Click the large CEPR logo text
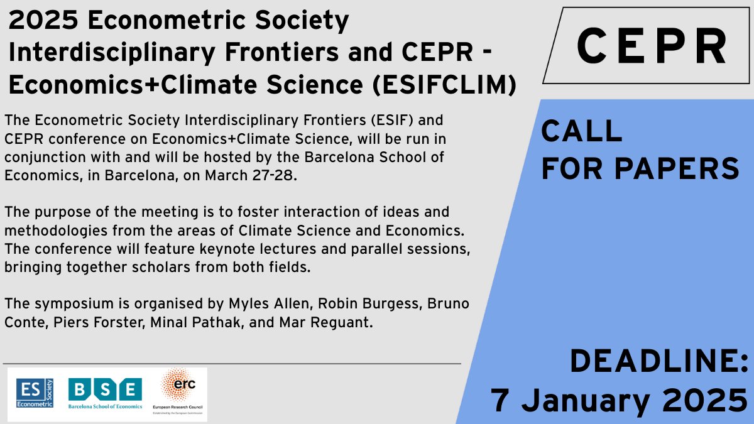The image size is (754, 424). pyautogui.click(x=651, y=46)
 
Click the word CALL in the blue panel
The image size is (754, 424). pyautogui.click(x=581, y=132)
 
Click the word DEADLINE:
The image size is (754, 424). pyautogui.click(x=658, y=362)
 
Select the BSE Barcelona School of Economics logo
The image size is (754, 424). pyautogui.click(x=105, y=394)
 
